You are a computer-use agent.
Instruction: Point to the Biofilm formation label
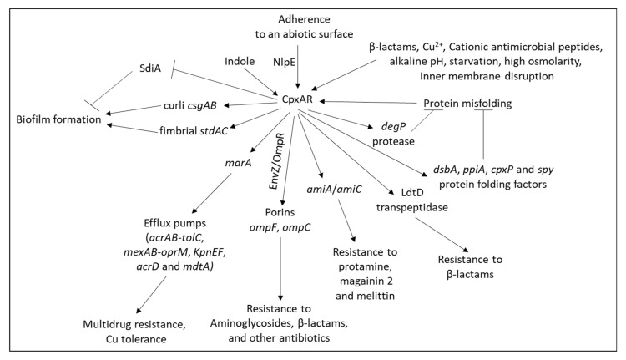(x=58, y=121)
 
